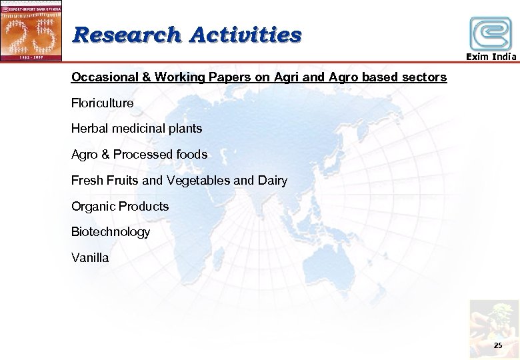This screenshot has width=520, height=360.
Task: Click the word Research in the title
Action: tap(126, 34)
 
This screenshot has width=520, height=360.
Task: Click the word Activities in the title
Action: tap(245, 34)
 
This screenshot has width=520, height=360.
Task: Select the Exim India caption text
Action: tap(491, 57)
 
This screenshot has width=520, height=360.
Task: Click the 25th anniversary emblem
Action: tap(31, 30)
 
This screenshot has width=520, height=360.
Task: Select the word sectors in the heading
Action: tap(424, 77)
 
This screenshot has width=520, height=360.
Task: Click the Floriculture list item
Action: tap(103, 103)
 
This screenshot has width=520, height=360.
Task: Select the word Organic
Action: tap(93, 207)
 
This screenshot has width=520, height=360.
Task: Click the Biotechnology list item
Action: tap(111, 232)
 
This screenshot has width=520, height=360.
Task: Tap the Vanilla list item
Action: tap(90, 257)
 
